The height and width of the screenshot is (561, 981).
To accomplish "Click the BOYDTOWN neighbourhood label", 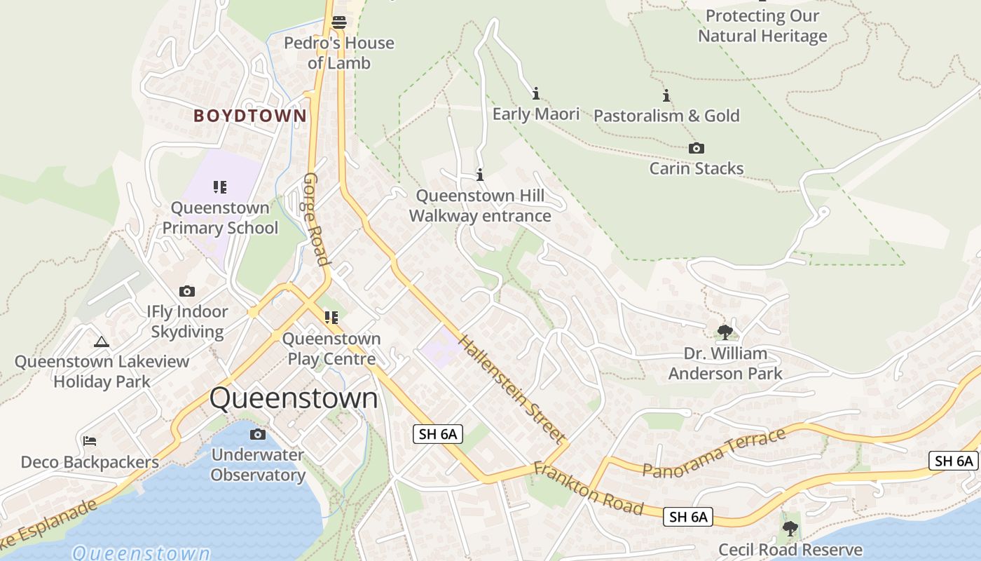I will tap(250, 116).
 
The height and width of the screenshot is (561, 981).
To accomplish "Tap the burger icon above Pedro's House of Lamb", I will tap(339, 22).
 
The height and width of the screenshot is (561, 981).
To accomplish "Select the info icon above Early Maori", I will tap(536, 93).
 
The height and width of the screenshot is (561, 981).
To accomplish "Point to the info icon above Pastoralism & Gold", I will tap(666, 95).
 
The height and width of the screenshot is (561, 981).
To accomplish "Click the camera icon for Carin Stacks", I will tap(696, 148).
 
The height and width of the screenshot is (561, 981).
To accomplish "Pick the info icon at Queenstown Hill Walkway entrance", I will tap(480, 175).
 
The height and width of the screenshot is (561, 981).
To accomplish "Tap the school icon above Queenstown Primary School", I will tap(220, 187).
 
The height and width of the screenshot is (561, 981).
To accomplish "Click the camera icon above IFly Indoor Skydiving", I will tap(187, 291).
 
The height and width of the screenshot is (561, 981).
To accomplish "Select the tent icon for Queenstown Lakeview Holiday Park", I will tap(102, 342).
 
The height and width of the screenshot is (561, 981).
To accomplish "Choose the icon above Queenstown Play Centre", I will tap(331, 318).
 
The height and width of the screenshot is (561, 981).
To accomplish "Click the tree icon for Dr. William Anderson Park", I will tap(725, 332).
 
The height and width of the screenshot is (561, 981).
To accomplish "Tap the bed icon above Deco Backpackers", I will tap(90, 441).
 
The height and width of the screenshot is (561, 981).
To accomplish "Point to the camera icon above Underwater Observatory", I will tap(258, 435).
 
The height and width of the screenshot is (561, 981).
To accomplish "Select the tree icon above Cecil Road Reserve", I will tap(790, 528).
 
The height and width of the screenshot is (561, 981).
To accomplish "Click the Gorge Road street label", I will tap(316, 219).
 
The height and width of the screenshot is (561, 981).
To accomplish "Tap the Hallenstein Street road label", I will tap(512, 389).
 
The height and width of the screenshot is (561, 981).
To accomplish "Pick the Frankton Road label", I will tap(589, 488).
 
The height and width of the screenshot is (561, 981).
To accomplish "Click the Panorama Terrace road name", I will tap(714, 454).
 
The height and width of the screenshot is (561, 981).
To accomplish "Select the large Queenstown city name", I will tap(294, 398).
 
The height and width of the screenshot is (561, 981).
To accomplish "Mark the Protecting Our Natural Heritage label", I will tap(762, 26).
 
